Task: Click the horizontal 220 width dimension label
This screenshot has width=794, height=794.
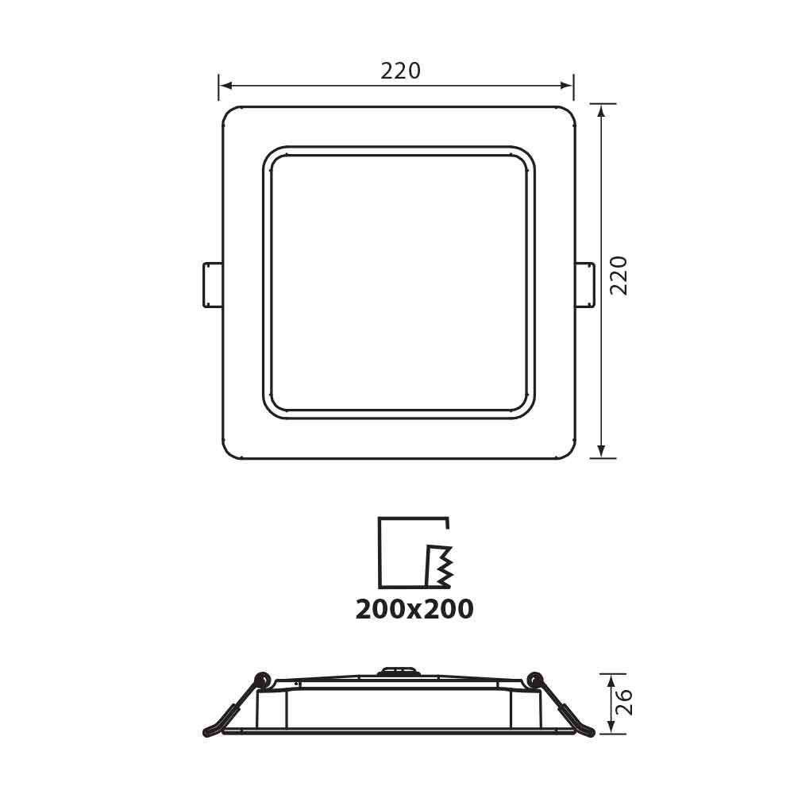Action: [400, 71]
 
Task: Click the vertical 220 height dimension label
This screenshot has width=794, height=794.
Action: [619, 275]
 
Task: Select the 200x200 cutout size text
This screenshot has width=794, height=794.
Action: [414, 609]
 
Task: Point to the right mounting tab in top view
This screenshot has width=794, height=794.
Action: [584, 284]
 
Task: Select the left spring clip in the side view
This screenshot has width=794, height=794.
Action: [235, 706]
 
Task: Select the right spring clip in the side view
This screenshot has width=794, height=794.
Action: [562, 706]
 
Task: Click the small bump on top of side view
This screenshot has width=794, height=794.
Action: [397, 671]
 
